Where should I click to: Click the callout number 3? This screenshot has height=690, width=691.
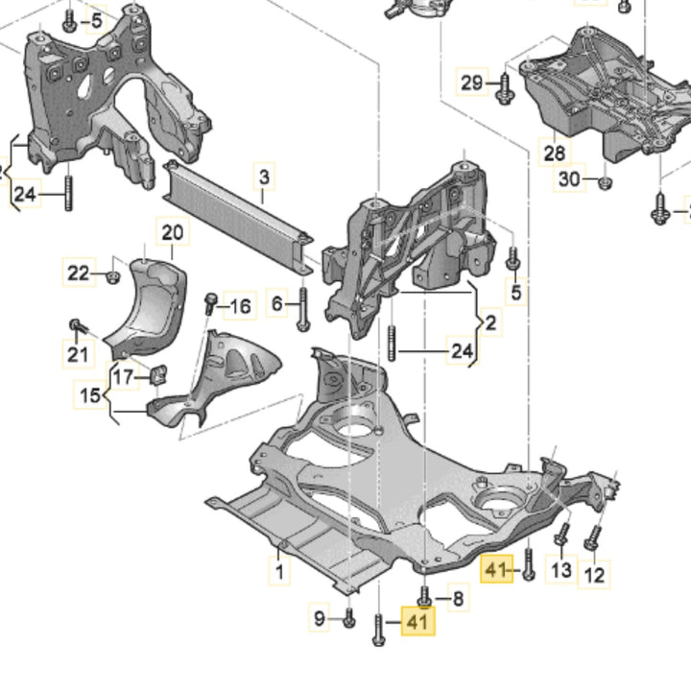[263, 177]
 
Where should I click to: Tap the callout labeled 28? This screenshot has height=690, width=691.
[554, 153]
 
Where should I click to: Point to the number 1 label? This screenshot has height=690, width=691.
[279, 574]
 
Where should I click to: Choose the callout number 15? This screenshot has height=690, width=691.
[89, 394]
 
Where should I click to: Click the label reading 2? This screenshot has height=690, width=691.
[489, 323]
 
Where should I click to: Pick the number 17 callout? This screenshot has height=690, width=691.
[124, 376]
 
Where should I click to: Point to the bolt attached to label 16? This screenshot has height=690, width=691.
[210, 304]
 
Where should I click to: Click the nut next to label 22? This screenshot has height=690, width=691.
[112, 277]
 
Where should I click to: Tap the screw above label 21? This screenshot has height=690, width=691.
[75, 328]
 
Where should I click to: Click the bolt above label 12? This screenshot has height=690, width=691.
[595, 534]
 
